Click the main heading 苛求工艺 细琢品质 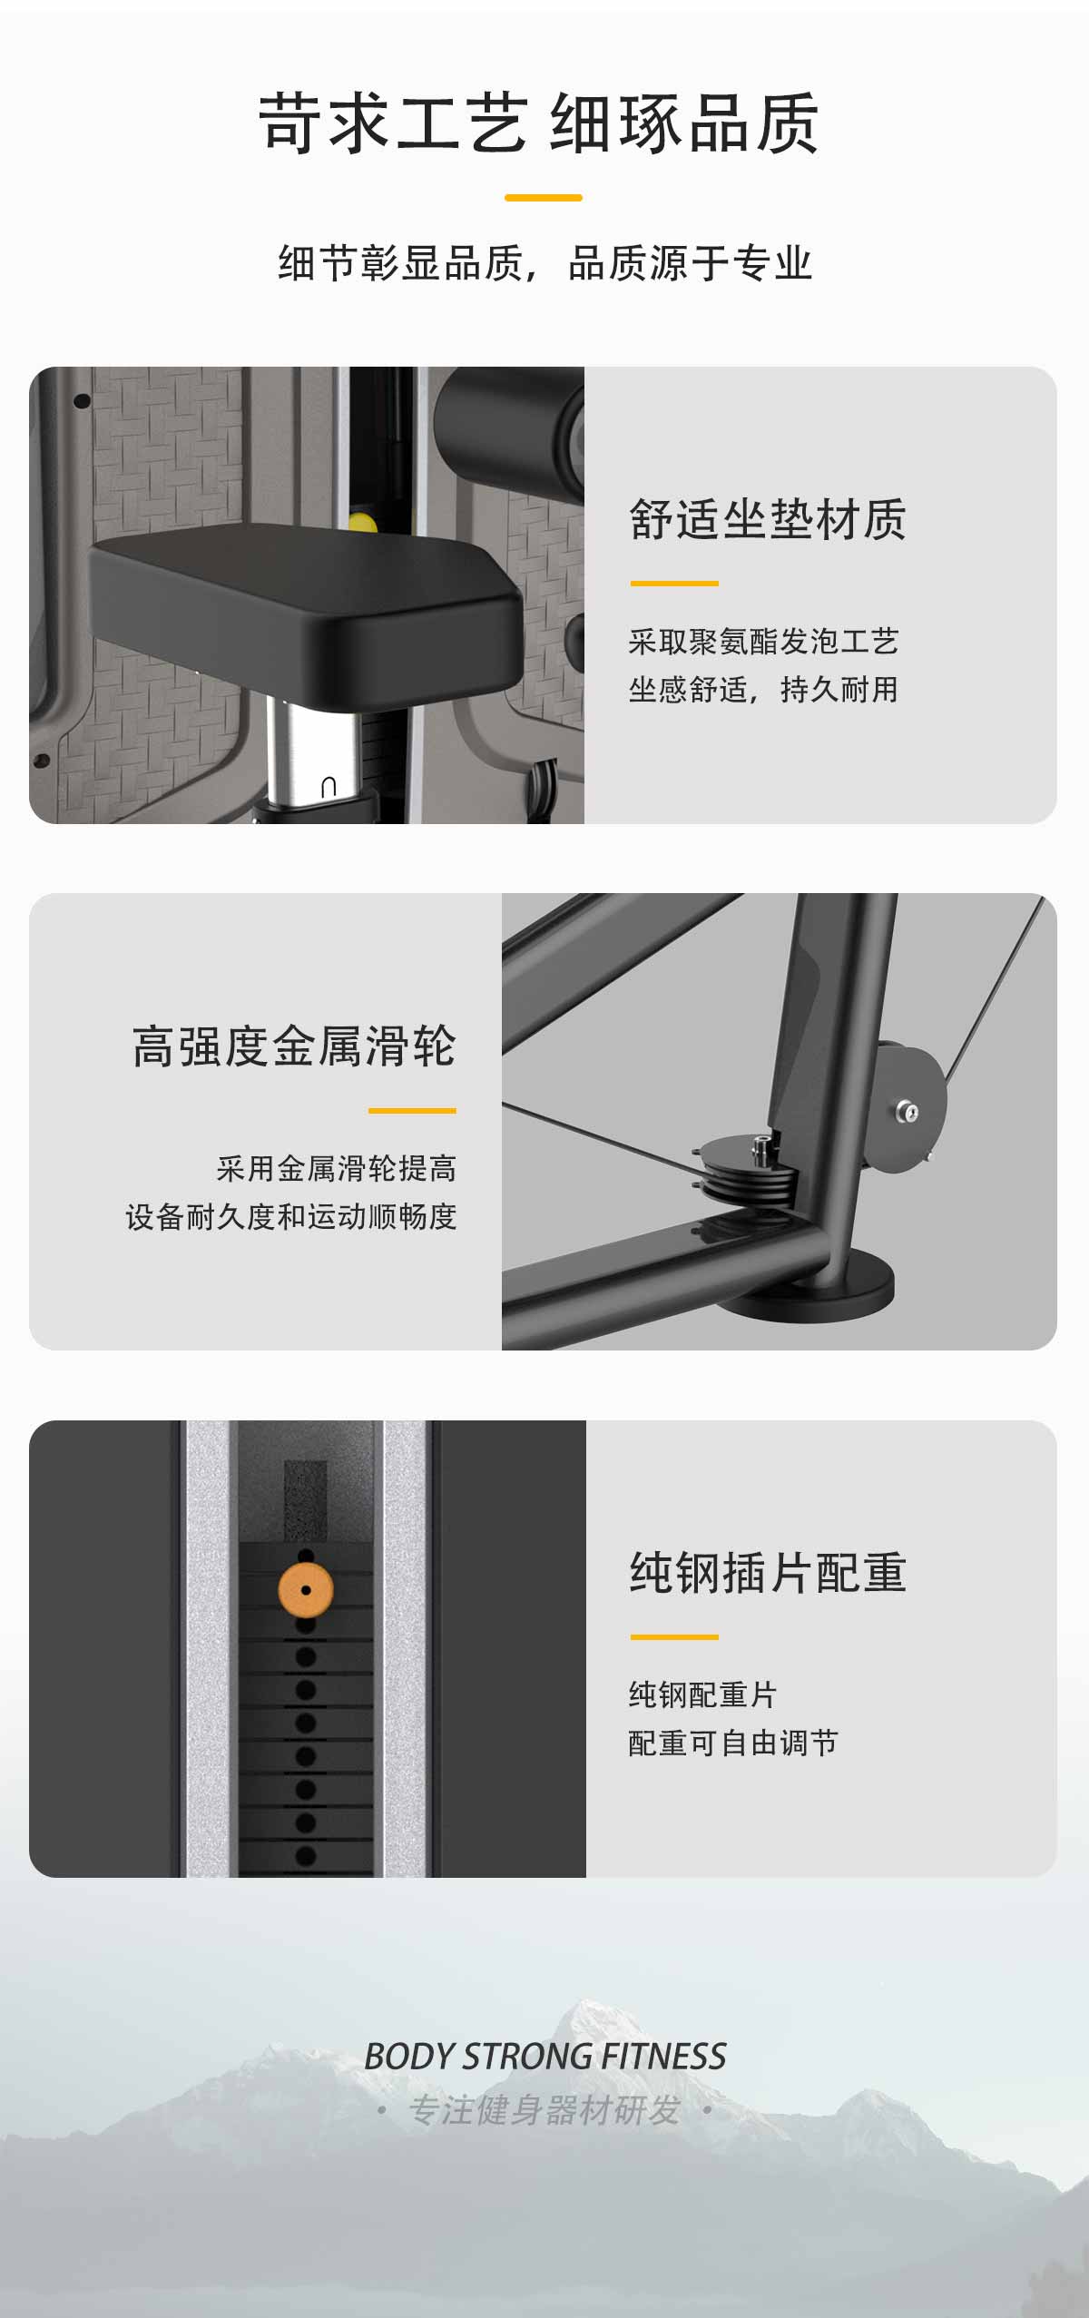tap(539, 123)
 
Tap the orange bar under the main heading tap(544, 197)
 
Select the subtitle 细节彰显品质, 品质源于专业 tap(544, 263)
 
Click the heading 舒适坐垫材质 tap(768, 520)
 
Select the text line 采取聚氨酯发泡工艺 tap(763, 642)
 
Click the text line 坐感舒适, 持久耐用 tap(763, 690)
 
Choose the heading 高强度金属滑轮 tap(294, 1046)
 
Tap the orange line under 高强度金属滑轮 tap(412, 1110)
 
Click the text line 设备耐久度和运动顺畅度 tap(291, 1217)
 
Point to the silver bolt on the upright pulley tap(907, 1112)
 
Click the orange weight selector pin tap(306, 1590)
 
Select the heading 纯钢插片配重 tap(768, 1573)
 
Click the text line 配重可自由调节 tap(733, 1743)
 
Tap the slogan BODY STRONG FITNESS tap(544, 2056)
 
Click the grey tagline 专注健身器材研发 tap(544, 2110)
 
